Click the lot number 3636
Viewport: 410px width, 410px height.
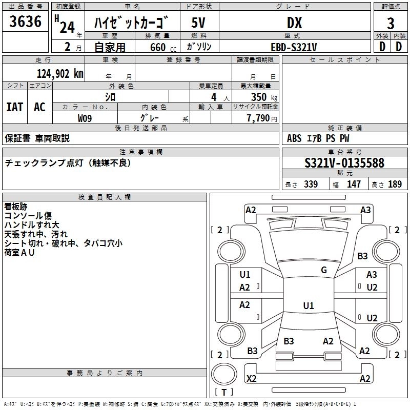coord(26,22)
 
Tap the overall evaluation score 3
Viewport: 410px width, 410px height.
coord(391,23)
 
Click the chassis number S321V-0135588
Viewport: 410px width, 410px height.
coord(344,163)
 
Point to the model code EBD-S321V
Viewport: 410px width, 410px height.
coord(294,47)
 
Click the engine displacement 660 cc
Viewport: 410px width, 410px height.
coord(154,47)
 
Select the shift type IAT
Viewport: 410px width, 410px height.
coord(14,107)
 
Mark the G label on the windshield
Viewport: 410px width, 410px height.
coord(324,270)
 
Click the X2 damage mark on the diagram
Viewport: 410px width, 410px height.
coord(252,379)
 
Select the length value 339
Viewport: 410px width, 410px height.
coord(311,184)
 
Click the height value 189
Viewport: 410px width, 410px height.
coord(395,184)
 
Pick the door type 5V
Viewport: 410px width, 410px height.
coord(198,23)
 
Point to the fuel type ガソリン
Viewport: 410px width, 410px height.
coord(199,47)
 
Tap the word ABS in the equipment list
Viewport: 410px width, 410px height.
coord(295,138)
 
